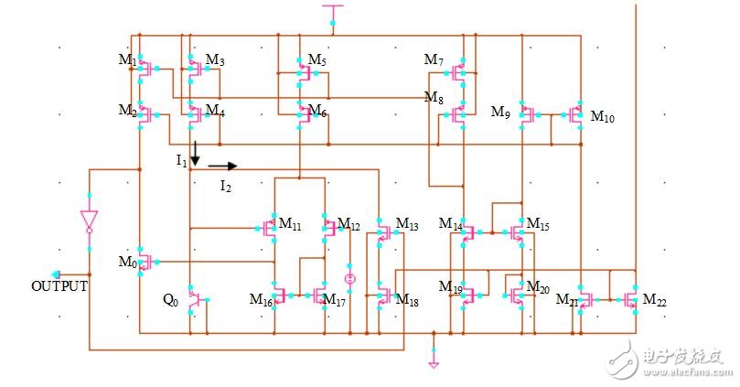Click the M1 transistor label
coord(127,60)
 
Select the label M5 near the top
coord(316,60)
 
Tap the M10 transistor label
coord(603,116)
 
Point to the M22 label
coord(654,299)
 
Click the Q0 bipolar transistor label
coord(170,299)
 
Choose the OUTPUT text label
coord(59,286)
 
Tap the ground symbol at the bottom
coord(434,362)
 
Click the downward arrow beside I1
coord(194,152)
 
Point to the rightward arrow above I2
coord(222,167)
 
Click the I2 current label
coord(225,186)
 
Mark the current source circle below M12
coord(349,277)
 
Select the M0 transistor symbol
coord(143,260)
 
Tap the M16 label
coord(261,298)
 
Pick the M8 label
coord(434,96)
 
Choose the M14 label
coord(450,224)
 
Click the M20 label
coord(538,289)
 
